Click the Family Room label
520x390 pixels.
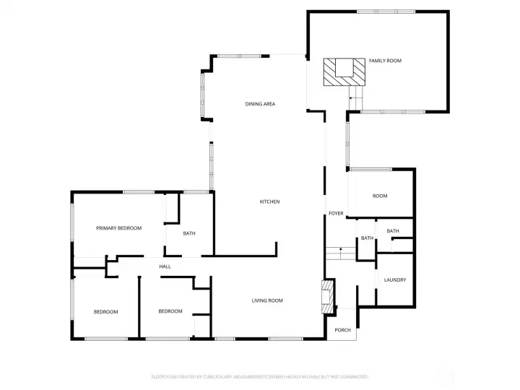385,61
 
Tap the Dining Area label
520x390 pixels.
260,104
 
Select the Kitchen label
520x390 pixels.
269,201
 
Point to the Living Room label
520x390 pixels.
266,300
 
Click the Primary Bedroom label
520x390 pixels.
119,228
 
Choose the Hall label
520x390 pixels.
165,266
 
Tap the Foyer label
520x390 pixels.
336,214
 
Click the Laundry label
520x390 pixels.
394,280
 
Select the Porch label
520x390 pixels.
342,330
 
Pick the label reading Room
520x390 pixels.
380,196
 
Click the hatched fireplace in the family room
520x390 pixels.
340,72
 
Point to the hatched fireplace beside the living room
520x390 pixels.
327,297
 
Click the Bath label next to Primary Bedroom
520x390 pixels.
188,233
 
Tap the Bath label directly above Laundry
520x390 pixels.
392,231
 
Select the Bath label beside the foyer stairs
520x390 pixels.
367,238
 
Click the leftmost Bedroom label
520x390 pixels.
105,311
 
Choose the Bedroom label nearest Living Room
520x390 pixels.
170,311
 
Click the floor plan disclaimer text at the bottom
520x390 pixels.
260,376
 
